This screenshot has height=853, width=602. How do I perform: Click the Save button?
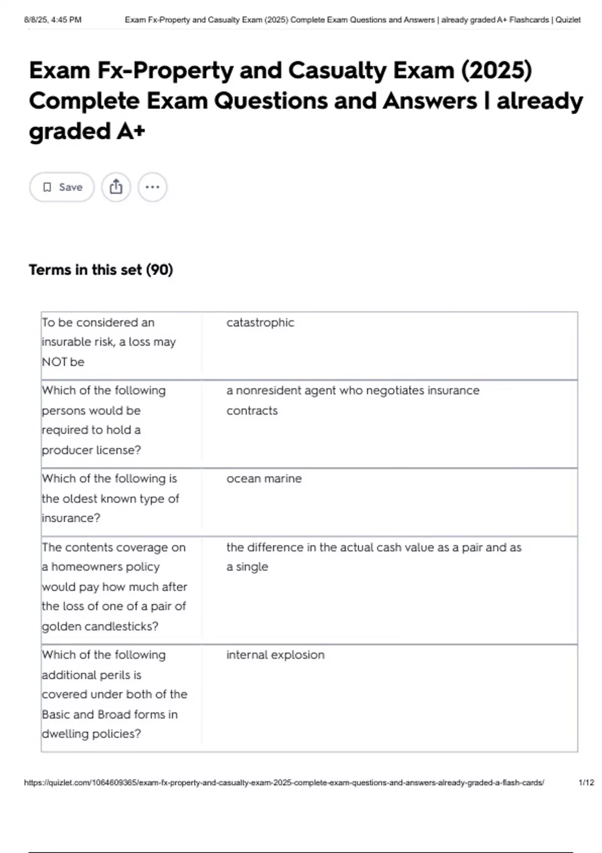62,187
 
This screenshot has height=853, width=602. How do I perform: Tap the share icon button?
116,187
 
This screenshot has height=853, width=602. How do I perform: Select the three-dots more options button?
152,187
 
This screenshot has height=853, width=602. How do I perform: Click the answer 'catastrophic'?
260,323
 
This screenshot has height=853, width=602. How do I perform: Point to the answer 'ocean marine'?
264,479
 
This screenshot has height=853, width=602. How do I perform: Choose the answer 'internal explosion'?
275,655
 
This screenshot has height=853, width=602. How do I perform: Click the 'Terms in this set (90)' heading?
101,270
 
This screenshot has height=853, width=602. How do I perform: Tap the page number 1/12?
586,782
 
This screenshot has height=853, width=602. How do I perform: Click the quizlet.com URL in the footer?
284,782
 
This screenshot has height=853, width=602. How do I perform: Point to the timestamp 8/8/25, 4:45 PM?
53,20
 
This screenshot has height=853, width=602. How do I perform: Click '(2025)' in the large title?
496,70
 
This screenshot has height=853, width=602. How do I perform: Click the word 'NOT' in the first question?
54,362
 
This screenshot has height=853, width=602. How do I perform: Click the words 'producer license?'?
91,450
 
